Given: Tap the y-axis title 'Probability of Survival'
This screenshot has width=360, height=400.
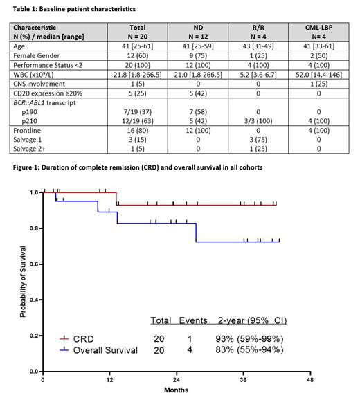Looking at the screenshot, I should (23, 281).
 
